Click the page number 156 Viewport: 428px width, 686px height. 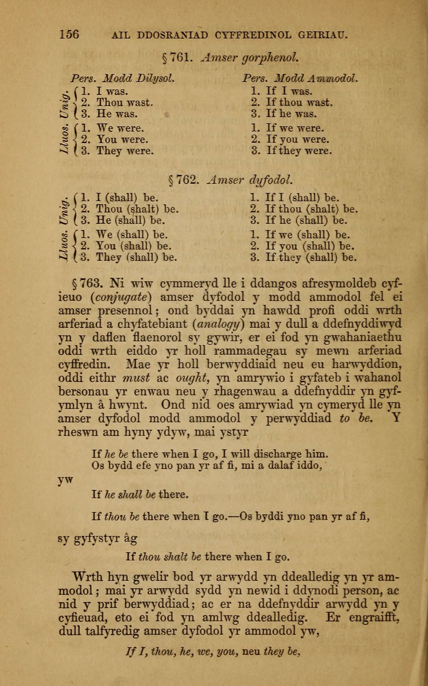pyautogui.click(x=69, y=34)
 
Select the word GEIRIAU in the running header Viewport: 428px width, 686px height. pyautogui.click(x=323, y=35)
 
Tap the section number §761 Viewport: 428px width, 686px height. pyautogui.click(x=177, y=58)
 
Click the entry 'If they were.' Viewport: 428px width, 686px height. pyautogui.click(x=299, y=151)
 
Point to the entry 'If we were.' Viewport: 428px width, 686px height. pyautogui.click(x=295, y=128)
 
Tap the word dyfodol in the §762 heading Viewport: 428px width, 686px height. pyautogui.click(x=270, y=180)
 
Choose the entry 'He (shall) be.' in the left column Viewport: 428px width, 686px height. pyautogui.click(x=131, y=220)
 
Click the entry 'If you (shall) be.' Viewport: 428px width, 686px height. pyautogui.click(x=310, y=246)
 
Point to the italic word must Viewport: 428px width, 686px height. pyautogui.click(x=136, y=378)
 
